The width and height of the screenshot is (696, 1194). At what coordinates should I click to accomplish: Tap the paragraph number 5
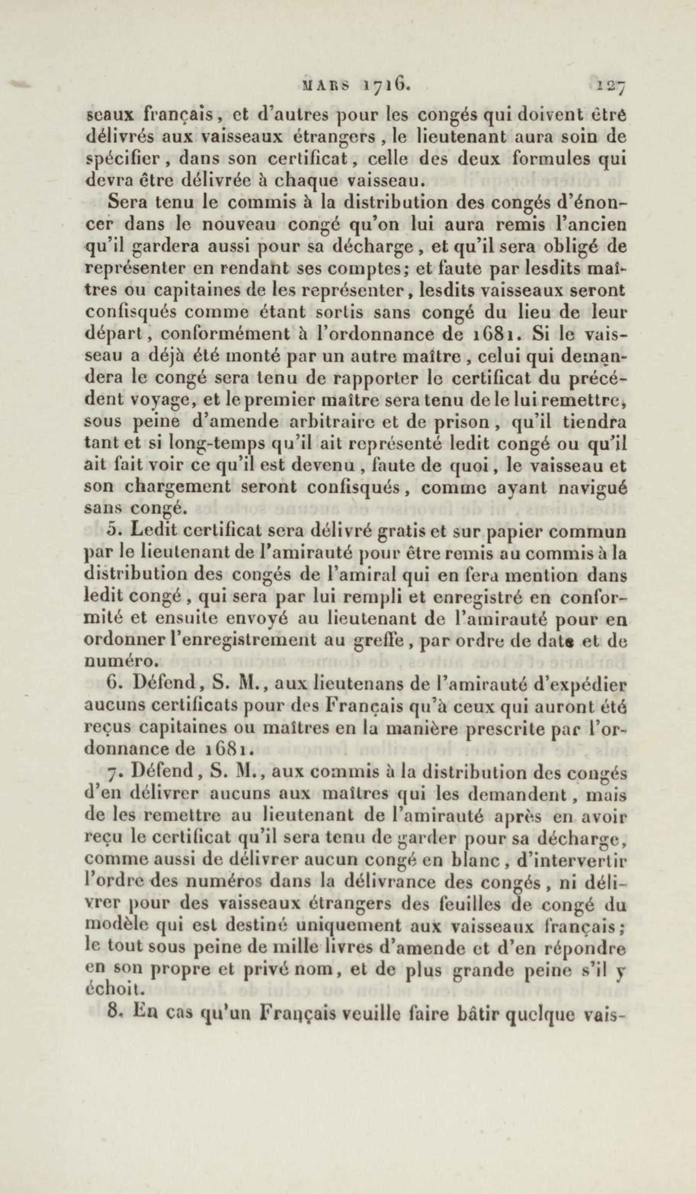(x=112, y=531)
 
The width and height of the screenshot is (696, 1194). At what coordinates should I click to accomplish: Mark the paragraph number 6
(x=112, y=683)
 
